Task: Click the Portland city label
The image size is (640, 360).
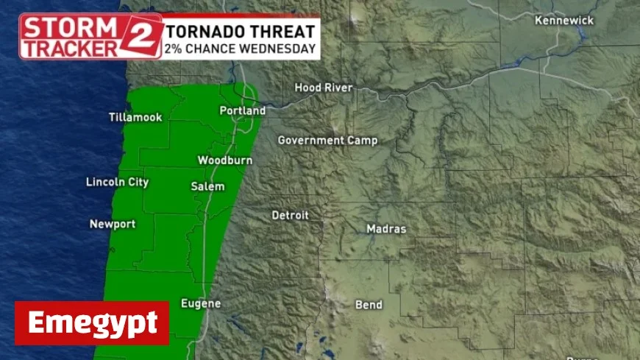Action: pyautogui.click(x=242, y=110)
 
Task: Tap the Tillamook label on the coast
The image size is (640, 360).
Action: pyautogui.click(x=135, y=117)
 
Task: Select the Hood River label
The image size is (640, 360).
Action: pyautogui.click(x=324, y=88)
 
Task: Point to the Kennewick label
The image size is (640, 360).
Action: pyautogui.click(x=564, y=21)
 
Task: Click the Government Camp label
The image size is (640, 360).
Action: pyautogui.click(x=327, y=140)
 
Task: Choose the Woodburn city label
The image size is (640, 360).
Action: pyautogui.click(x=225, y=160)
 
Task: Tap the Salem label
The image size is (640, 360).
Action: pyautogui.click(x=207, y=186)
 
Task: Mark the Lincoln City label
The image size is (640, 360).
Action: pyautogui.click(x=117, y=182)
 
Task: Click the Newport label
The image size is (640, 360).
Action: pyautogui.click(x=113, y=224)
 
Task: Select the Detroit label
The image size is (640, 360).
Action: pyautogui.click(x=291, y=215)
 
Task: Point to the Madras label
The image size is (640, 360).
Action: pyautogui.click(x=386, y=229)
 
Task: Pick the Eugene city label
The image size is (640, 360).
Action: pyautogui.click(x=201, y=303)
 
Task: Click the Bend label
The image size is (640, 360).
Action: pyautogui.click(x=369, y=304)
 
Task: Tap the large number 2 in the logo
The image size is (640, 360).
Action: pyautogui.click(x=144, y=36)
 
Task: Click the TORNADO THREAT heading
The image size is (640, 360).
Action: pyautogui.click(x=241, y=32)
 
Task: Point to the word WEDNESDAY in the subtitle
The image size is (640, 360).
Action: pyautogui.click(x=282, y=49)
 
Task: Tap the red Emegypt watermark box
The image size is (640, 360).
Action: pyautogui.click(x=92, y=322)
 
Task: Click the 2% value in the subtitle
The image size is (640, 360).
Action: pyautogui.click(x=176, y=49)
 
